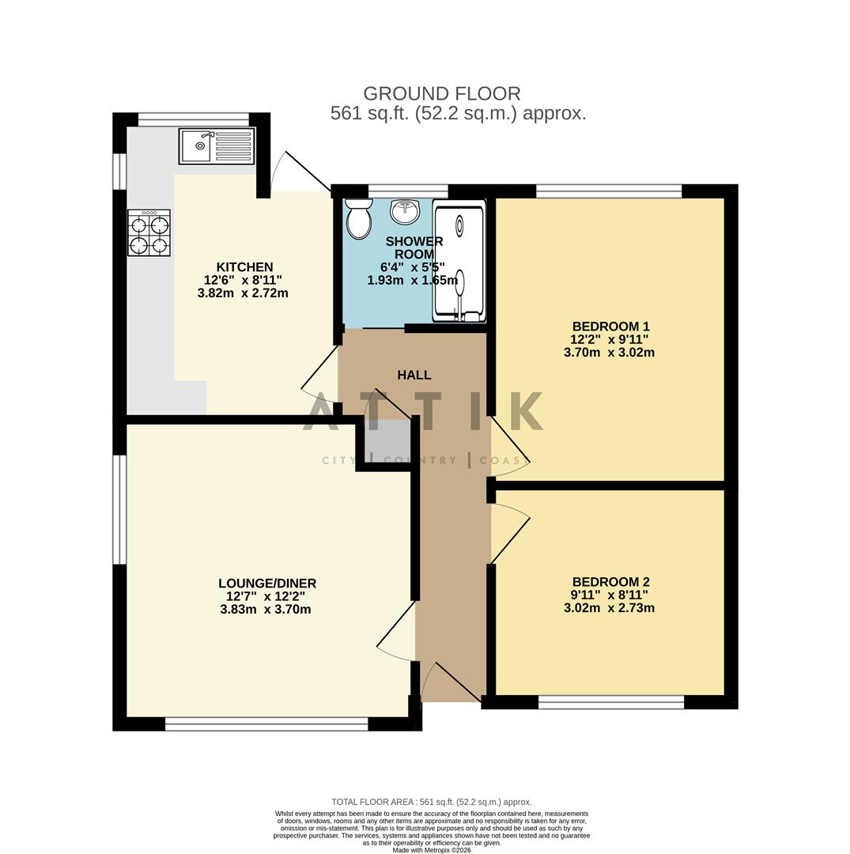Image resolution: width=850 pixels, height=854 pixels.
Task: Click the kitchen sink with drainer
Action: [x=217, y=146]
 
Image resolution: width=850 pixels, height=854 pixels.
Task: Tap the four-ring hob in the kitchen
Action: [x=149, y=233]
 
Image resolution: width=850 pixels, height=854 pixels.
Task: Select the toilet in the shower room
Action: [x=358, y=218]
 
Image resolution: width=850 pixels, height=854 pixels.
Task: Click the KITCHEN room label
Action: [x=244, y=267]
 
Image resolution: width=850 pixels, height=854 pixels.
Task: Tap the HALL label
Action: [x=414, y=375]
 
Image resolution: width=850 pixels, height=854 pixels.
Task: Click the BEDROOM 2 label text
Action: [x=610, y=582]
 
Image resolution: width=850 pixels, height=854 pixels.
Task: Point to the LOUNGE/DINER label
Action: [x=267, y=584]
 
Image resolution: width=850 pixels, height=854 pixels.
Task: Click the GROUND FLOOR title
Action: [x=441, y=94]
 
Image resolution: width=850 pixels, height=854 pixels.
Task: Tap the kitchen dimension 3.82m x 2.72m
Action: [x=243, y=293]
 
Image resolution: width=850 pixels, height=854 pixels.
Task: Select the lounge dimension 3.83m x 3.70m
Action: [x=265, y=610]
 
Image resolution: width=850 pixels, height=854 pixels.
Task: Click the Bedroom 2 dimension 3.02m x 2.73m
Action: [x=609, y=608]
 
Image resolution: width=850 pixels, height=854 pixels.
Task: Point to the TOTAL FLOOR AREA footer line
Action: [x=431, y=802]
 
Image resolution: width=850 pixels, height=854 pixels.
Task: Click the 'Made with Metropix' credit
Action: [x=431, y=851]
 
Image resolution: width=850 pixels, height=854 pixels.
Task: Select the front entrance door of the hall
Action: [x=451, y=682]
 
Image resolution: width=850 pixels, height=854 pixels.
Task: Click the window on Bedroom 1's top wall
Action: [x=608, y=191]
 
